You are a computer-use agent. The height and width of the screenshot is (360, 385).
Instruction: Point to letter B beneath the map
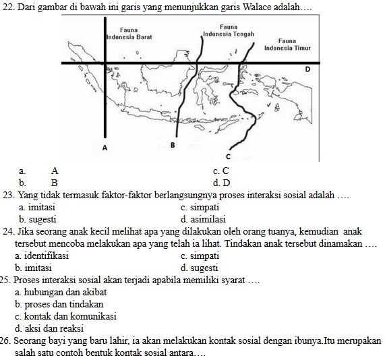[x=172, y=145]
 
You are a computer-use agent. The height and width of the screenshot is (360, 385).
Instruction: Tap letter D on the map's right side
[x=307, y=69]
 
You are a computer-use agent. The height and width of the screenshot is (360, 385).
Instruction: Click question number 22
[x=9, y=6]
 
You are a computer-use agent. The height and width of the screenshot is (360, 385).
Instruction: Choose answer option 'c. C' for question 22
[x=220, y=171]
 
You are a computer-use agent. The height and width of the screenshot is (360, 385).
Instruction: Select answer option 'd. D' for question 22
[x=221, y=183]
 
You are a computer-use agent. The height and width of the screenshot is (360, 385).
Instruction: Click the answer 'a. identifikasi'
[x=41, y=256]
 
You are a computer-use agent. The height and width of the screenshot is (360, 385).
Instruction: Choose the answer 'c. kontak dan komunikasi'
[x=65, y=316]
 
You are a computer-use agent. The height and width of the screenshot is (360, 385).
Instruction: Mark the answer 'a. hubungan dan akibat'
[x=60, y=293]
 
